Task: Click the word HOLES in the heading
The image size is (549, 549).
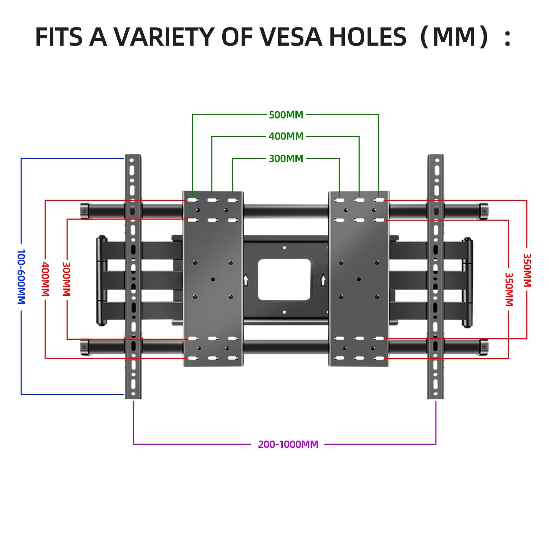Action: (x=367, y=37)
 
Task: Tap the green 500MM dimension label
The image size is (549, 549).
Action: (x=286, y=115)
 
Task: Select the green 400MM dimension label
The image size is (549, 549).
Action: (x=286, y=137)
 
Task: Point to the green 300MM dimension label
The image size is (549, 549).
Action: (x=286, y=159)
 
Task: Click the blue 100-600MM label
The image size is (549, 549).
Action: (x=21, y=277)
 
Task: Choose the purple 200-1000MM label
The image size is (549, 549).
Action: (x=288, y=444)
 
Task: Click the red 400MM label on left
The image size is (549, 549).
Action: (x=45, y=279)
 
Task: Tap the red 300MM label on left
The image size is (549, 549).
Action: (x=67, y=279)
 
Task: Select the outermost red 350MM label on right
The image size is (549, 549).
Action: (x=527, y=270)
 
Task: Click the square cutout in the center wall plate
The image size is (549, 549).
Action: (x=284, y=280)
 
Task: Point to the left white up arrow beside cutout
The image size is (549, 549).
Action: (x=246, y=279)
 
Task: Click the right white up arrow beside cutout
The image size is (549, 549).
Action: (x=323, y=279)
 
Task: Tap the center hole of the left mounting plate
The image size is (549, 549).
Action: (x=213, y=280)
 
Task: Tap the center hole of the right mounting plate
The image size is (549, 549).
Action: (x=359, y=280)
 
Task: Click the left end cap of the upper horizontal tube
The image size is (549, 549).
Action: (x=84, y=211)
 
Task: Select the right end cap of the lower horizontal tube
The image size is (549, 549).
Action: (x=484, y=347)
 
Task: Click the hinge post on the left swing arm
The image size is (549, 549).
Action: (x=102, y=280)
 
